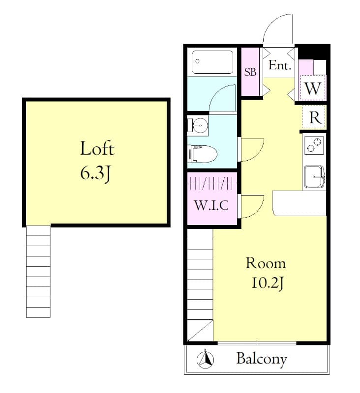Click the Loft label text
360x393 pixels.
tap(97, 148)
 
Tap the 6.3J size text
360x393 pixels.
tap(97, 173)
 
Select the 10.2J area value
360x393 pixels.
tap(266, 285)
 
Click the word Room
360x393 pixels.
tap(266, 263)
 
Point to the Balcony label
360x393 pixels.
tap(261, 359)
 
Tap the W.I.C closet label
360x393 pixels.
tap(211, 205)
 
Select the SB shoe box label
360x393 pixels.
tap(250, 72)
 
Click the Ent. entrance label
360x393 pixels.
tap(279, 65)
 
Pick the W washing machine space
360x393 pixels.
tap(312, 89)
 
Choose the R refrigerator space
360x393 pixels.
tap(314, 118)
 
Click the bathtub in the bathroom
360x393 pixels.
tap(212, 62)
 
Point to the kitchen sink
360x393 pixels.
tap(314, 176)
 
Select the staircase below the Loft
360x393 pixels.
tap(38, 272)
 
